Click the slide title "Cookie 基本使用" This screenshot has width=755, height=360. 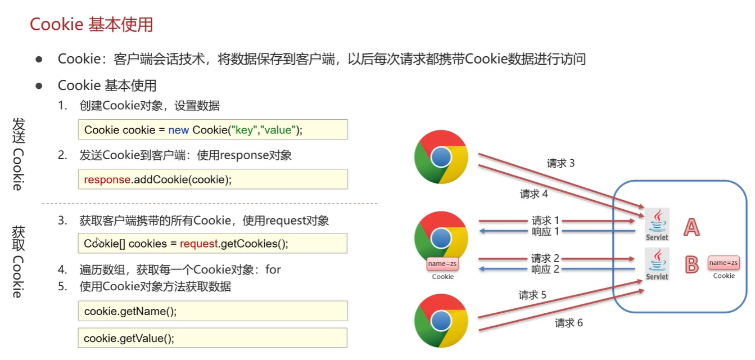91,25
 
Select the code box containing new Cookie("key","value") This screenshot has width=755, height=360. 213,130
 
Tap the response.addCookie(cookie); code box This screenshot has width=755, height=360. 213,179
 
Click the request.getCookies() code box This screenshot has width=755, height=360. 213,244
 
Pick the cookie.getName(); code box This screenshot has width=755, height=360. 213,311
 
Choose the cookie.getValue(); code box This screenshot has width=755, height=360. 213,338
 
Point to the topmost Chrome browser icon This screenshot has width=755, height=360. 441,157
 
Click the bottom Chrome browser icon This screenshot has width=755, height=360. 441,321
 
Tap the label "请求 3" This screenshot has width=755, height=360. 560,164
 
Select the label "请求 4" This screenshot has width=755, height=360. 534,194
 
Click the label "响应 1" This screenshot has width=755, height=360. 545,232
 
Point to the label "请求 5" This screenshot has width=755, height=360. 532,295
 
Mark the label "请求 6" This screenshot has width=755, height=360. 568,323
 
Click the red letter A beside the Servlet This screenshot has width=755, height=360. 691,227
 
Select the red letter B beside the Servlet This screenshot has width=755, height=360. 691,264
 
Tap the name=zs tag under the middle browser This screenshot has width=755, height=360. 443,263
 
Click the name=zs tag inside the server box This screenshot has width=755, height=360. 724,263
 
